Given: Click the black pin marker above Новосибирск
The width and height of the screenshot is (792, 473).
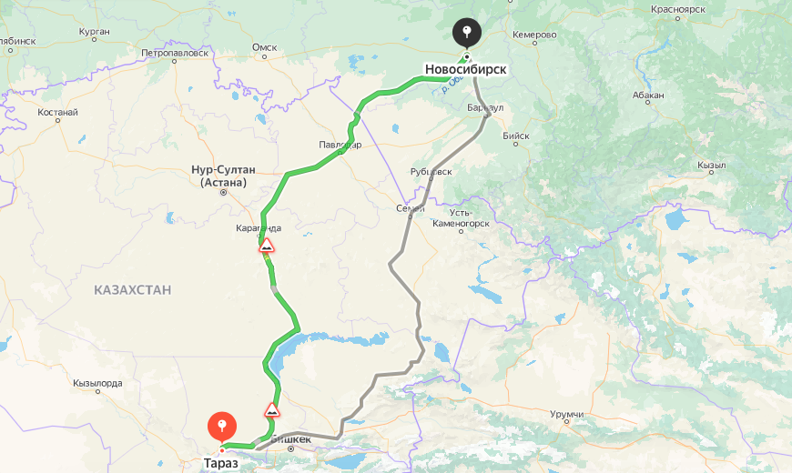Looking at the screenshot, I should tap(466, 34).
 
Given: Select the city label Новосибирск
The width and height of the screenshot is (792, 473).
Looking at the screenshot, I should tap(465, 69).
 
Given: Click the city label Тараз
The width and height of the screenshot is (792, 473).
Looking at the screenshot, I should tap(220, 463).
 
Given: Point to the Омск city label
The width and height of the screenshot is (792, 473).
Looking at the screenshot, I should tap(264, 47).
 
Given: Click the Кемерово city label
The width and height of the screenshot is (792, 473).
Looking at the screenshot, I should tap(534, 35).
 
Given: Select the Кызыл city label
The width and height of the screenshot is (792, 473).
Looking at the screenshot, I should tap(711, 166).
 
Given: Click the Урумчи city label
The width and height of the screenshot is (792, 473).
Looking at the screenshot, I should tap(566, 415).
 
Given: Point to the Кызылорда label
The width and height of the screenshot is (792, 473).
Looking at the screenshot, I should tap(97, 383).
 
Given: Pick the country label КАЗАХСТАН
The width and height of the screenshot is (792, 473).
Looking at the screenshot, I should tap(132, 289).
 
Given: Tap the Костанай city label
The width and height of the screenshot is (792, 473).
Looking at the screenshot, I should tap(58, 113).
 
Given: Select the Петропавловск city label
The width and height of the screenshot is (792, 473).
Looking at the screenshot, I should tap(175, 53).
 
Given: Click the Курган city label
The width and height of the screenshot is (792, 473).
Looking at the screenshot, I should tap(94, 32).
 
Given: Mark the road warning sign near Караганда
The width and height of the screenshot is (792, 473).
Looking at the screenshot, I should tap(267, 246).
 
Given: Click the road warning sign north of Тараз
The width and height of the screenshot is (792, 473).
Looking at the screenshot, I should tap(271, 409).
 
